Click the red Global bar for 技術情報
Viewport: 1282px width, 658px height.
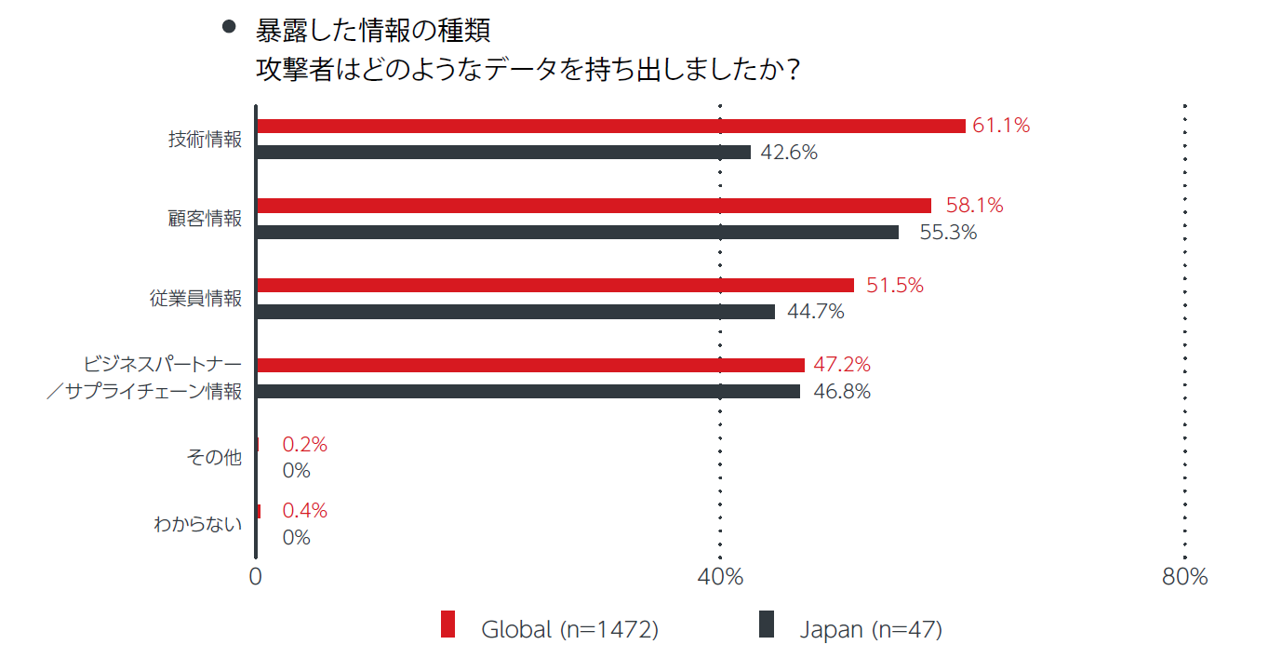[x=610, y=126]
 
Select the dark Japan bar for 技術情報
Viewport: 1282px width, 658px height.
[x=503, y=152]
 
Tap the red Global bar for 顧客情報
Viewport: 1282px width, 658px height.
[x=594, y=206]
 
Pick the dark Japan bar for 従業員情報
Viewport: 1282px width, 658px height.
[x=515, y=312]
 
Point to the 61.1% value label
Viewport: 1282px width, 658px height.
[x=1001, y=126]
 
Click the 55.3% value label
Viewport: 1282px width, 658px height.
[x=948, y=233]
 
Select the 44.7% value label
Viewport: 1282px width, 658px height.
[x=816, y=312]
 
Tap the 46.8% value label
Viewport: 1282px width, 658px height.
[x=842, y=392]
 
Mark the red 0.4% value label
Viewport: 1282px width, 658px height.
[x=305, y=510]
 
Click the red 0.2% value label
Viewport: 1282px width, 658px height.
[x=305, y=445]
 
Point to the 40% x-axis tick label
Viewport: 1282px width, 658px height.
[x=720, y=577]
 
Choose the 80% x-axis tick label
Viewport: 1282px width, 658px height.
[x=1184, y=577]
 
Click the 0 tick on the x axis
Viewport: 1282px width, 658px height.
[x=255, y=577]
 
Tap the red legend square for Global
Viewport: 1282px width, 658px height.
[x=447, y=624]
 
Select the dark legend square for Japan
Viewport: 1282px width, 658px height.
[x=767, y=624]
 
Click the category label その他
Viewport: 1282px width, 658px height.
[x=214, y=458]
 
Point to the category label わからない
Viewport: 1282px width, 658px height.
[x=197, y=524]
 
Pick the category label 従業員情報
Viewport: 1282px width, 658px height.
[x=195, y=299]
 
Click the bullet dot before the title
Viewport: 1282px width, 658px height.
[x=229, y=28]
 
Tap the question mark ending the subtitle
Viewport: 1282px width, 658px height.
[x=793, y=70]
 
